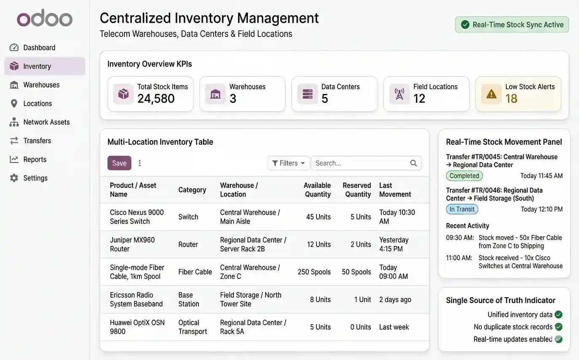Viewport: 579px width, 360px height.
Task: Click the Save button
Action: pos(119,163)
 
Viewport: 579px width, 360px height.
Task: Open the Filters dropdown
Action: pos(289,163)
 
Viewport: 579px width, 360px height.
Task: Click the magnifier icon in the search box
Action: pos(413,163)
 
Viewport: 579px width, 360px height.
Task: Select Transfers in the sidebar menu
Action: pos(37,141)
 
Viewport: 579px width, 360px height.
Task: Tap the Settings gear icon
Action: pos(14,178)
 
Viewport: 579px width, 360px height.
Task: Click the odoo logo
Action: pos(45,19)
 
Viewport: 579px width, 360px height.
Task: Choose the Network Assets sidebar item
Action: pos(46,122)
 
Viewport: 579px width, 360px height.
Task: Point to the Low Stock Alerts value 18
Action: pos(511,99)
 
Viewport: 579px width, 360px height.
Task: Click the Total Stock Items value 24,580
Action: pos(156,99)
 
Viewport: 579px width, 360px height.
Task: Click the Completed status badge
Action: pos(464,176)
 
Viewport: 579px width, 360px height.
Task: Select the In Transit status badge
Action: pos(462,209)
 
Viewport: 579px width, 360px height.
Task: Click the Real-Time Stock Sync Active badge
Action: pos(512,25)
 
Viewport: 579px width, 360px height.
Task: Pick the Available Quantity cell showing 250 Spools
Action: pos(314,272)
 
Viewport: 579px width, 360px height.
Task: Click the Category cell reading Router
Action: pos(188,244)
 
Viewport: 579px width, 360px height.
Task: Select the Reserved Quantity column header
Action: pos(357,190)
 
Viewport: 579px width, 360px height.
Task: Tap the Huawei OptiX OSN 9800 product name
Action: pos(137,327)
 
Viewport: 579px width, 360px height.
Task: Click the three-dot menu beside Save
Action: pos(140,163)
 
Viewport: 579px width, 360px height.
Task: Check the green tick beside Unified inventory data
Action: pos(559,315)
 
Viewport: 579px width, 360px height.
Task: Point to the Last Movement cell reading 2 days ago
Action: pos(395,299)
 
